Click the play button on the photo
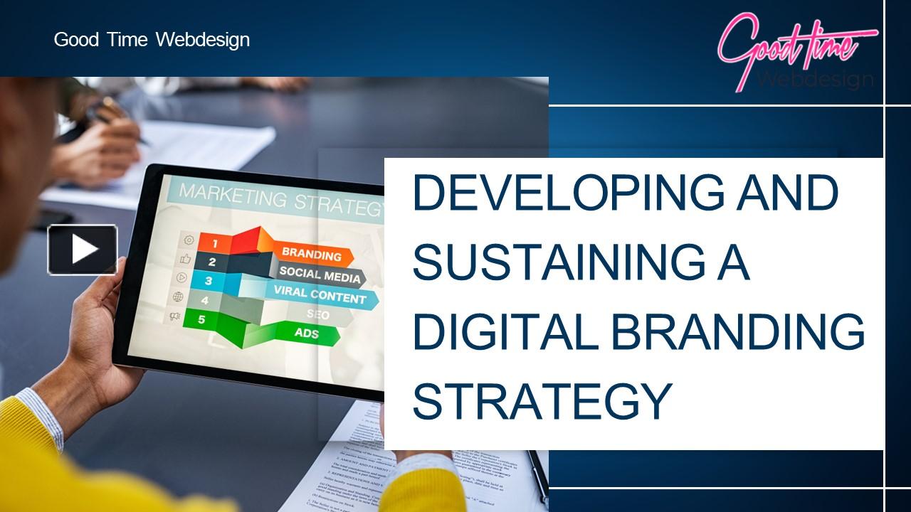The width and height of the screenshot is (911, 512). point(83,250)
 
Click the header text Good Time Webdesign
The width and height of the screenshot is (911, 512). point(152,40)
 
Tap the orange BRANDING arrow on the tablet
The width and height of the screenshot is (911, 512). point(313,254)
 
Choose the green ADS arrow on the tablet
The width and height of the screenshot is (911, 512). point(307,333)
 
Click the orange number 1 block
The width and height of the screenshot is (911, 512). point(214,244)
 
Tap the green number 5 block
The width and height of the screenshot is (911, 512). point(201,319)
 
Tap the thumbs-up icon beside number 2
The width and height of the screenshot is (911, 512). point(187,260)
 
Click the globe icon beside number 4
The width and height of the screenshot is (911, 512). point(178,297)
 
